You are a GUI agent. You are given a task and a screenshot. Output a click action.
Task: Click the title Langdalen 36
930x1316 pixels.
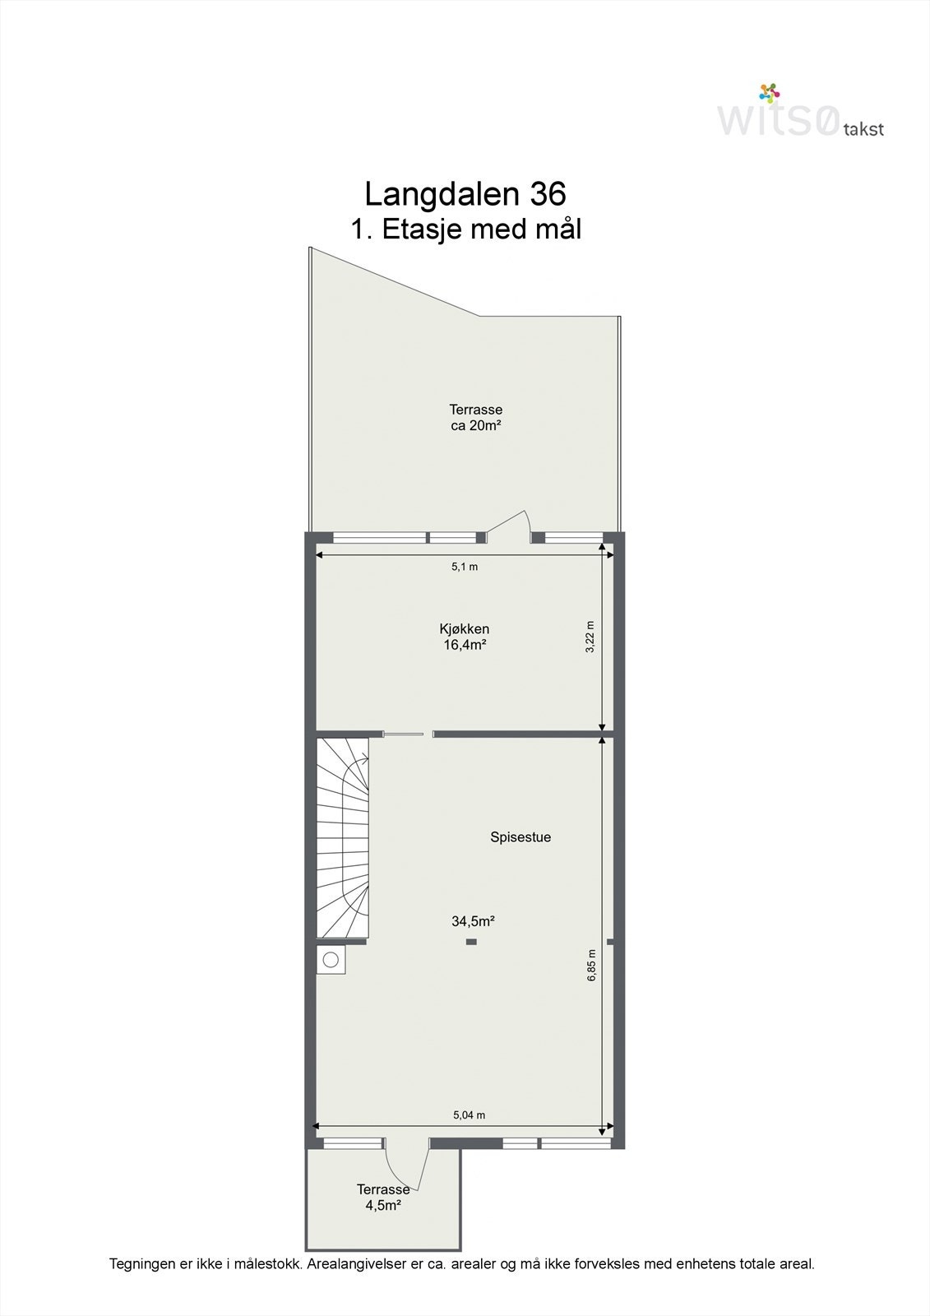pyautogui.click(x=465, y=194)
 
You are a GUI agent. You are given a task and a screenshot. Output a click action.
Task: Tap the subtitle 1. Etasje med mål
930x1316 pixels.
pyautogui.click(x=466, y=229)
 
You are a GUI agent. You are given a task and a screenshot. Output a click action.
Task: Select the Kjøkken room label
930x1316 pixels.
pyautogui.click(x=465, y=629)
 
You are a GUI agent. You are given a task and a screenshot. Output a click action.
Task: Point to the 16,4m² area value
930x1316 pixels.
pyautogui.click(x=465, y=645)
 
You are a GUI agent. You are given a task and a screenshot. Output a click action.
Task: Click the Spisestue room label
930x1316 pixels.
pyautogui.click(x=521, y=837)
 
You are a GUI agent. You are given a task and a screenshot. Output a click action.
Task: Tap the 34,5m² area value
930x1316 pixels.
pyautogui.click(x=473, y=921)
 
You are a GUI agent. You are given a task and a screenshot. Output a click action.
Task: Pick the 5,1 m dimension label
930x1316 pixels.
pyautogui.click(x=465, y=567)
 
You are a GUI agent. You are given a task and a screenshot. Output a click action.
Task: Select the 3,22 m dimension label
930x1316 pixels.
pyautogui.click(x=590, y=637)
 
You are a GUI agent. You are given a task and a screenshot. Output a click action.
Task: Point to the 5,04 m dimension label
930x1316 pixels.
pyautogui.click(x=470, y=1115)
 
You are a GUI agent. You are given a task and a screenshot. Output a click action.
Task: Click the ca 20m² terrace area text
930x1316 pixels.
pyautogui.click(x=476, y=426)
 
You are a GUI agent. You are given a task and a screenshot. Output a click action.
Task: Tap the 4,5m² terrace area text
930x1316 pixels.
pyautogui.click(x=383, y=1206)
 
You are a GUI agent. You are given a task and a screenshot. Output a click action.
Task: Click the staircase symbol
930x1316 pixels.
pyautogui.click(x=343, y=837)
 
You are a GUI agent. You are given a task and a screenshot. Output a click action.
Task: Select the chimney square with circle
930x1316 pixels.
pyautogui.click(x=331, y=959)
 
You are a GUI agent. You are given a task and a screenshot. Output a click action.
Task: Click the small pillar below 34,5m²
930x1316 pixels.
pyautogui.click(x=471, y=942)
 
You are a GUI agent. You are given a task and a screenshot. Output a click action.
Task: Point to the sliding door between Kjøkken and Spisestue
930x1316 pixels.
pyautogui.click(x=404, y=734)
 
